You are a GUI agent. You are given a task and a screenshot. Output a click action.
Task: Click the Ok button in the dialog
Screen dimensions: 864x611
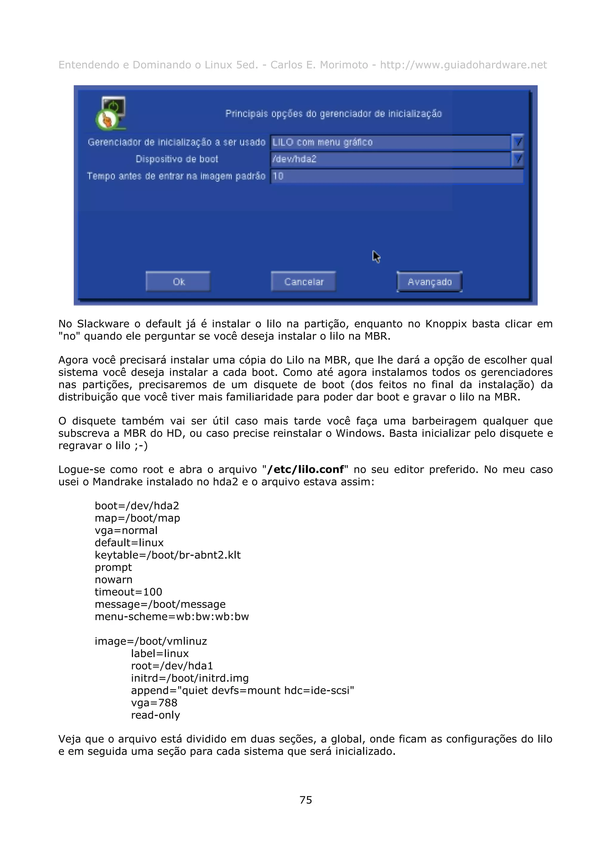click(178, 281)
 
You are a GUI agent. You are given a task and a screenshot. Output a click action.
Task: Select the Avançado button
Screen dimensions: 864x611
click(429, 281)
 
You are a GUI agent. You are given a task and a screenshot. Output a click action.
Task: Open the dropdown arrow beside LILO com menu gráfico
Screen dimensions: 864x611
click(518, 142)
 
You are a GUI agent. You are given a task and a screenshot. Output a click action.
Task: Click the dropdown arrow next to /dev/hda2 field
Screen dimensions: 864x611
click(518, 159)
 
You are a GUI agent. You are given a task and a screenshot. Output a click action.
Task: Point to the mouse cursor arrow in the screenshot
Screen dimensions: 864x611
click(376, 257)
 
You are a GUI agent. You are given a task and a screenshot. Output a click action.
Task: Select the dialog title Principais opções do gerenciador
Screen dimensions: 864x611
click(333, 114)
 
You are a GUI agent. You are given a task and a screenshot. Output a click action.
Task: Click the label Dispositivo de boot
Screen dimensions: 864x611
click(177, 159)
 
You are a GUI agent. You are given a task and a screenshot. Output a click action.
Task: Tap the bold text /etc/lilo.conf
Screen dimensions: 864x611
click(305, 470)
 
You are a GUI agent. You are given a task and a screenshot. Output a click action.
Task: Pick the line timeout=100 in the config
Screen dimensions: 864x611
click(128, 592)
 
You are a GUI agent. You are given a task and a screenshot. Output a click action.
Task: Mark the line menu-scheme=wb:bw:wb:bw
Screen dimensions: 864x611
click(172, 616)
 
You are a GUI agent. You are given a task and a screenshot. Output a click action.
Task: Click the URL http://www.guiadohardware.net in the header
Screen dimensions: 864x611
click(463, 65)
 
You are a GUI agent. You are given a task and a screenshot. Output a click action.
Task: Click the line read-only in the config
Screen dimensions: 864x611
click(155, 715)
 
